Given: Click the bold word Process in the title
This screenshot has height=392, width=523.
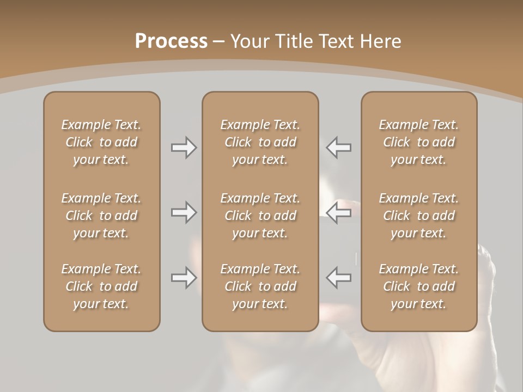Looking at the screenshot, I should pos(171,41).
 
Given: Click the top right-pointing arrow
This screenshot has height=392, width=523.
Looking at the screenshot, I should pos(184,148).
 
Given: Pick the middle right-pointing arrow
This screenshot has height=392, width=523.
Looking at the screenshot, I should pos(184,213).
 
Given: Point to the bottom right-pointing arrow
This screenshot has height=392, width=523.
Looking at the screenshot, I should pos(184,278).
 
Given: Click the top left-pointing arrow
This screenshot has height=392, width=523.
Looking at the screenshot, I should pos(338,148).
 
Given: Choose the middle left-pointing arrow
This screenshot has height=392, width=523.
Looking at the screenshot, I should pos(338,213).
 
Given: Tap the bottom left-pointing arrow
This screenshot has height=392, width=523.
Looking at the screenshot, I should pos(338,278).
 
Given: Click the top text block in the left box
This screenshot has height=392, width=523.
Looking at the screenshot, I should pos(101,142).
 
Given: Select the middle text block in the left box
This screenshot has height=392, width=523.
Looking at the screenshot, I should pos(101,216).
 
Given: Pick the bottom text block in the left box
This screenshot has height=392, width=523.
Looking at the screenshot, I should pos(101,286).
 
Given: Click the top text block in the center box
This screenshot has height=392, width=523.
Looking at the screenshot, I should pos(260,142).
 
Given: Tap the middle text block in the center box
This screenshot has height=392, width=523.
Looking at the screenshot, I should pos(260,216).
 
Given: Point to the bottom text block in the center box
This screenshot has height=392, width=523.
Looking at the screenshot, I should pos(260,286).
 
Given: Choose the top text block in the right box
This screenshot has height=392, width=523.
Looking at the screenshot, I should pos(418,142).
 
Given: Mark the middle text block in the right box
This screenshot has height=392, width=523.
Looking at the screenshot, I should pos(418,216).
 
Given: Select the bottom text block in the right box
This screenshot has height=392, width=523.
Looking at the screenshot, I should pos(418,286).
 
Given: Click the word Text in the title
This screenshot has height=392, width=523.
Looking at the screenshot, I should pos(336,41).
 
